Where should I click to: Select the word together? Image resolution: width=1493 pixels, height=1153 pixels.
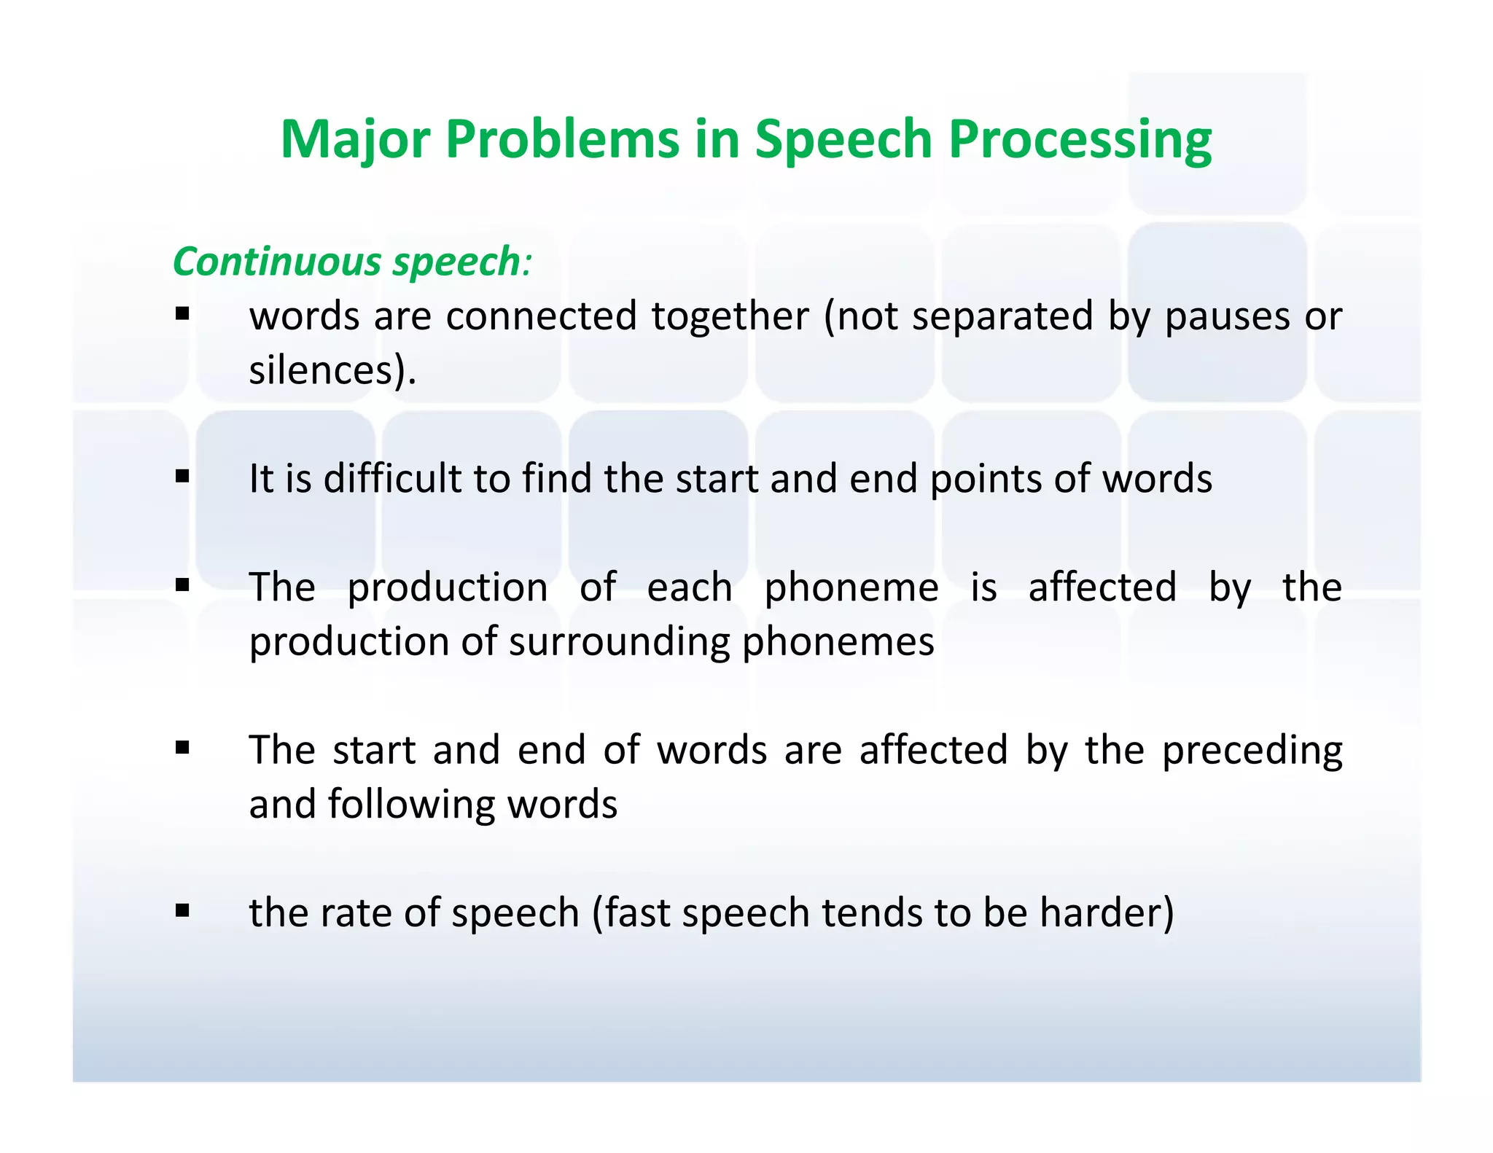tap(730, 317)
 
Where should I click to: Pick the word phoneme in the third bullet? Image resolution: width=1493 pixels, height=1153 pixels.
tap(851, 587)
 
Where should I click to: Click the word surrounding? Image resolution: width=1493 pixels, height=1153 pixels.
tap(619, 642)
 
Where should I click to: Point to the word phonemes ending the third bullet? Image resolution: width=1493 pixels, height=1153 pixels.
tap(838, 642)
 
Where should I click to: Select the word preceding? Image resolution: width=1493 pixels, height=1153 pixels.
tap(1252, 751)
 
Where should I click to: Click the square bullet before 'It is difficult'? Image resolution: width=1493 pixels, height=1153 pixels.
tap(182, 477)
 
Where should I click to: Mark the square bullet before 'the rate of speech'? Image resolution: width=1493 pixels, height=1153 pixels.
tap(182, 910)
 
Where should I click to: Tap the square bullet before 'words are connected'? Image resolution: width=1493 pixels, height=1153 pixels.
tap(182, 314)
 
